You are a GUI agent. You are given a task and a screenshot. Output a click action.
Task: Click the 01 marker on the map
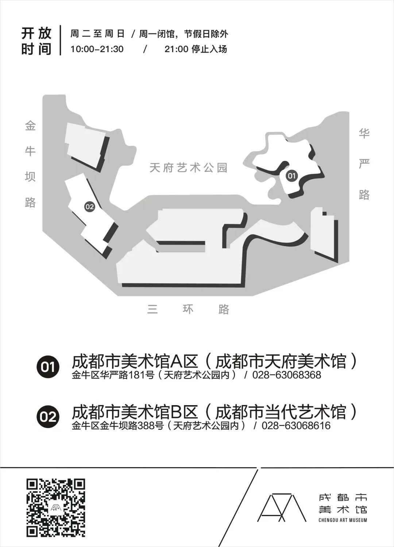pos(291,176)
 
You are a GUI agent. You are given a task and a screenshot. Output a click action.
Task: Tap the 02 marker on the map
pos(89,207)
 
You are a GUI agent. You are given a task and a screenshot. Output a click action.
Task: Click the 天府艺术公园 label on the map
pos(189,167)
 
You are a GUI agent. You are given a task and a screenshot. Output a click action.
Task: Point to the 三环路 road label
pos(188,309)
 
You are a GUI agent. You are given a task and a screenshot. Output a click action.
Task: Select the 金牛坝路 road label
pos(30,164)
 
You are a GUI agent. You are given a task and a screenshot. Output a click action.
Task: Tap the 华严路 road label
pos(364,164)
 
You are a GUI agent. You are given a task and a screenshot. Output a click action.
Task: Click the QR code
pos(56,507)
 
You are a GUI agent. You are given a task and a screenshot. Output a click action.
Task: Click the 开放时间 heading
pos(36,41)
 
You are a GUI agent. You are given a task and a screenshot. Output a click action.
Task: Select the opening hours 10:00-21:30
pos(97,49)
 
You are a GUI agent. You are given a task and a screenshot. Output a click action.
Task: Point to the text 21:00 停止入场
pos(196,49)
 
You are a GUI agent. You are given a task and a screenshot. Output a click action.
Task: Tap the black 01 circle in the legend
pos(48,366)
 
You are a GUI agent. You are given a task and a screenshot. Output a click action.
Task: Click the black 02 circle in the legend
pos(48,416)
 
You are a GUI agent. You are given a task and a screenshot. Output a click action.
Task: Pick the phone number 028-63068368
pos(287,375)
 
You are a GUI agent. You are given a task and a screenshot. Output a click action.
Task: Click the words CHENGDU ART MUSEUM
pos(343,520)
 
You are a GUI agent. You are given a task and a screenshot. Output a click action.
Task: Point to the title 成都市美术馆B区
pos(135,412)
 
